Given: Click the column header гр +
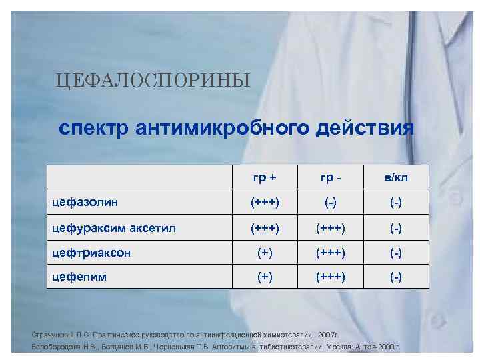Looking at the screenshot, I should (x=265, y=177).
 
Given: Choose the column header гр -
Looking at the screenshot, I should (x=331, y=177).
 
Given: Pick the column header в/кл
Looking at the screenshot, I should (x=396, y=177).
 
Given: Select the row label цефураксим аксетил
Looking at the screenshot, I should (x=113, y=229).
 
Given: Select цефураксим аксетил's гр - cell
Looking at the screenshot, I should (x=331, y=229).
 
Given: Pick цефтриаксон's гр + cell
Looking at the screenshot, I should (x=265, y=253).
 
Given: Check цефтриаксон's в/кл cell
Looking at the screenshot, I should (x=396, y=253).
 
